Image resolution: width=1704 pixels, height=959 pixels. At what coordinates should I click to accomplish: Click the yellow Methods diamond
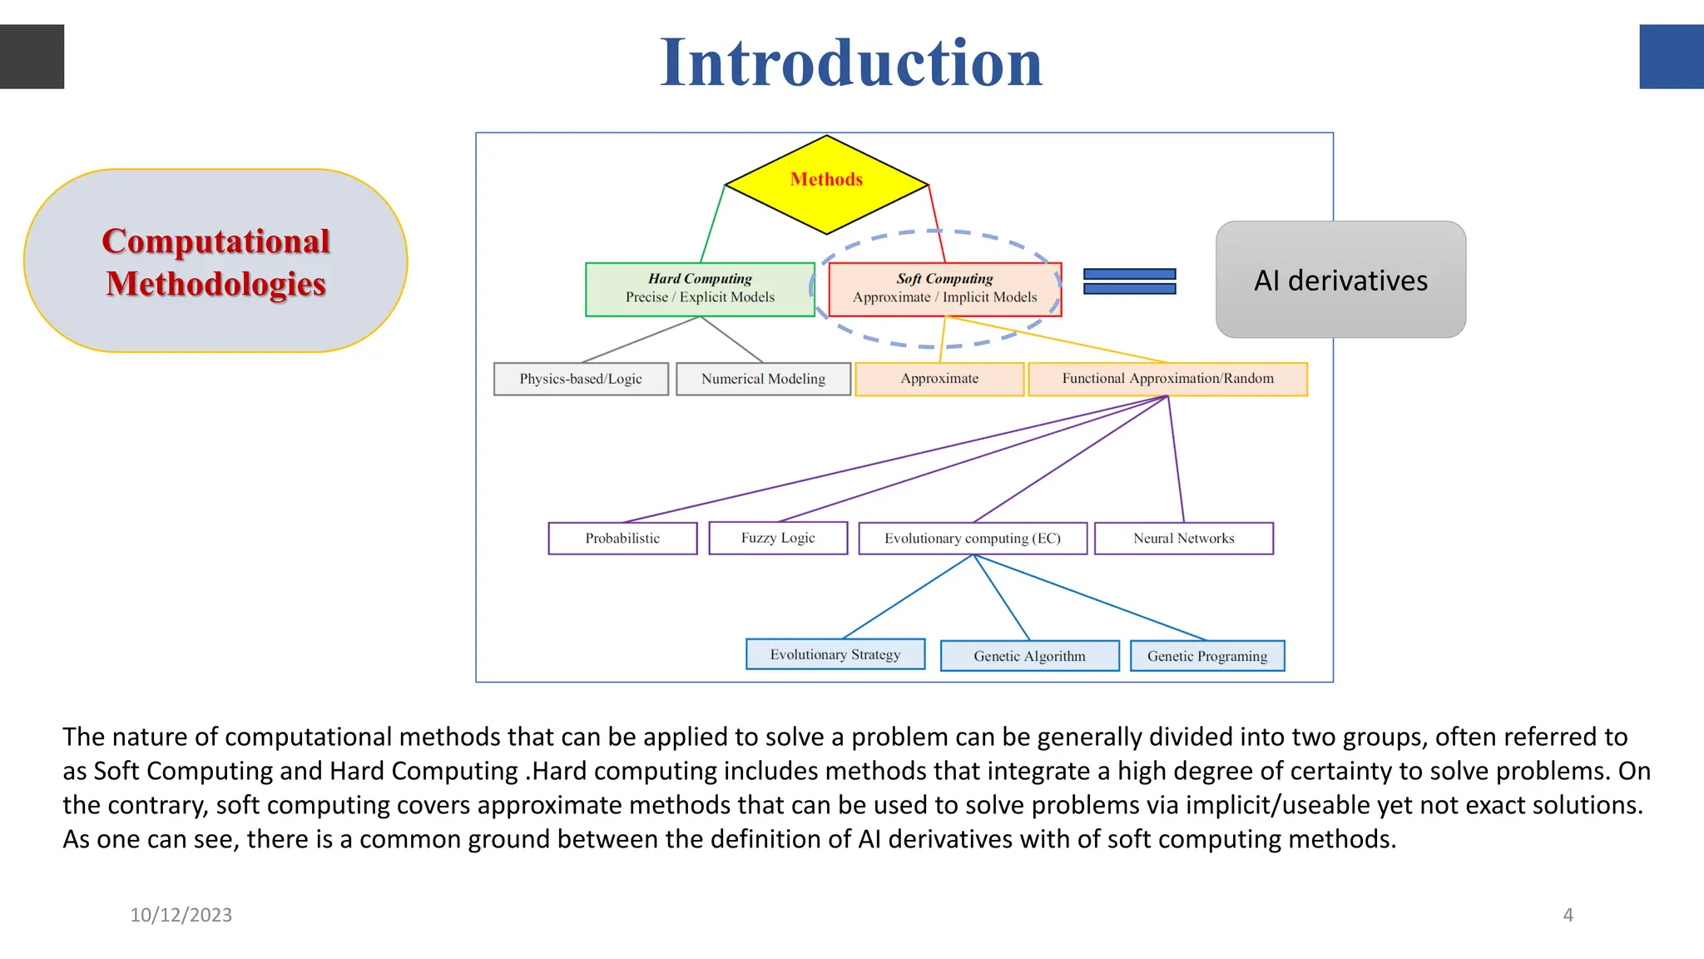coord(826,184)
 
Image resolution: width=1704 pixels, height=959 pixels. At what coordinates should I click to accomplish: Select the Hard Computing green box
coord(700,289)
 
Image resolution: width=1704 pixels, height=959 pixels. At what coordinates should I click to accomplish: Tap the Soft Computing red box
coord(944,289)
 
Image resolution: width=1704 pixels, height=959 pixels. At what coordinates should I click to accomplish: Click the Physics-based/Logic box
coord(581,379)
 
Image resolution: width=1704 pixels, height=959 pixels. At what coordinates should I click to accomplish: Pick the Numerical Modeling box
coord(763,379)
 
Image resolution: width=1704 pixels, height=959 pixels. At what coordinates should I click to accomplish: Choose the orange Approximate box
coord(939,379)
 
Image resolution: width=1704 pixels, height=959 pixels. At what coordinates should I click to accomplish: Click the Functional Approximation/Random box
coord(1167,379)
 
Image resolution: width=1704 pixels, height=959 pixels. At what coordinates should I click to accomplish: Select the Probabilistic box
coord(622,539)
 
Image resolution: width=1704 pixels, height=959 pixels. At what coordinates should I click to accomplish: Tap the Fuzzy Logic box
coord(778,538)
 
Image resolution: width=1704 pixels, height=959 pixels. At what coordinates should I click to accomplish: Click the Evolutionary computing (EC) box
coord(973,539)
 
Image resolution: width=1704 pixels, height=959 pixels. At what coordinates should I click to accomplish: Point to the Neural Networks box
coord(1183,539)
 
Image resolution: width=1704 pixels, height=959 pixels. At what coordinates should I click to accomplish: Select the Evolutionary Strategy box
coord(835,654)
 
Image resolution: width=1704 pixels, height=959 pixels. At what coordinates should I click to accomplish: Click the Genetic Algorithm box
coord(1029,656)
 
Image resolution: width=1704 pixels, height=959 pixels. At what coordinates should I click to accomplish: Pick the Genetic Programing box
coord(1207,656)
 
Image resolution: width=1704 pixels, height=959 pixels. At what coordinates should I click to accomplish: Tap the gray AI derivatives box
coord(1340,281)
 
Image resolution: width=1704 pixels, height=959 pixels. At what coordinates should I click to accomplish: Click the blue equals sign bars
coord(1129,281)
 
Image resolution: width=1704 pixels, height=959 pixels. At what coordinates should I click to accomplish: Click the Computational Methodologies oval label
coord(215,261)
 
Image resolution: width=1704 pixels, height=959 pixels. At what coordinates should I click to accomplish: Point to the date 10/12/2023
coord(181,915)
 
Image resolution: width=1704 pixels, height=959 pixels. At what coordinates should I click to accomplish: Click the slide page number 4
coord(1568,915)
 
